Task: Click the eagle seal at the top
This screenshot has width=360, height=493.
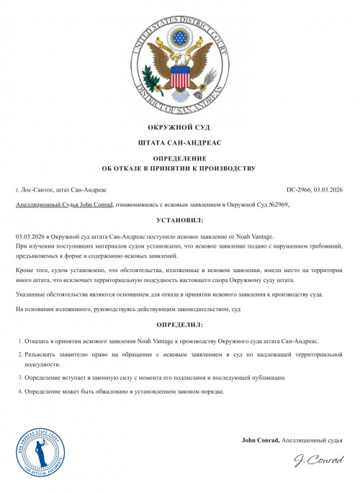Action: coord(179,64)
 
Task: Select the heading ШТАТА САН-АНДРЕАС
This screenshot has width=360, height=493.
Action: coord(180,144)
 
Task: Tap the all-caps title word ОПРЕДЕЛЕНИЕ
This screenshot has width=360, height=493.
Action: coord(180,158)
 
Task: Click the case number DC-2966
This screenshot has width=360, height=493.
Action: coord(300,190)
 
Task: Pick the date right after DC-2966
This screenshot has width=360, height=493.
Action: coord(330,190)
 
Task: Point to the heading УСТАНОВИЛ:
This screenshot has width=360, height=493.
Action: coord(180,221)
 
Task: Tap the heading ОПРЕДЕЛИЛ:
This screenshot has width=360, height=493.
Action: coord(180,325)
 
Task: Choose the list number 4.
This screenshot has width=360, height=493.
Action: coord(19,392)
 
